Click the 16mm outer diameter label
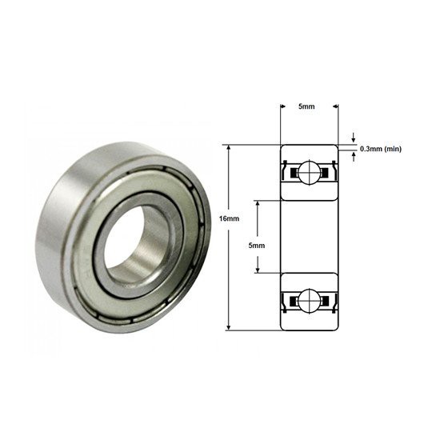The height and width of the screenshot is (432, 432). coord(229,218)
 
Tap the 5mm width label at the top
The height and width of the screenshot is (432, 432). coord(306,106)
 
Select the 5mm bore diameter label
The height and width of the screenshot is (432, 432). coord(257,246)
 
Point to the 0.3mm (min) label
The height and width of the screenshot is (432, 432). coord(381,149)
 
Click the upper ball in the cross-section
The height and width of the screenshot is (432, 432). coord(310,173)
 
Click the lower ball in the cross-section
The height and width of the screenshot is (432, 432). coord(310,300)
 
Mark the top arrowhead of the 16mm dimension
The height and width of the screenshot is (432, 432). coord(228,148)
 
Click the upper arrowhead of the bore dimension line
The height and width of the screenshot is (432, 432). coord(258,204)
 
